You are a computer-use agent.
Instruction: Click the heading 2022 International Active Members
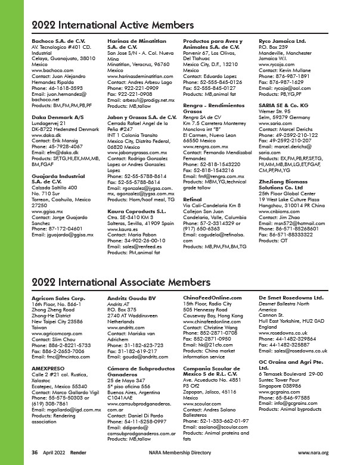click(x=112, y=25)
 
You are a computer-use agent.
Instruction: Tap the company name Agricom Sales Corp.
click(x=58, y=298)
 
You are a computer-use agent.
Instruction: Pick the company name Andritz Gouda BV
click(x=131, y=298)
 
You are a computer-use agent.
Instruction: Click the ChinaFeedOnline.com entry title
click(x=212, y=298)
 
